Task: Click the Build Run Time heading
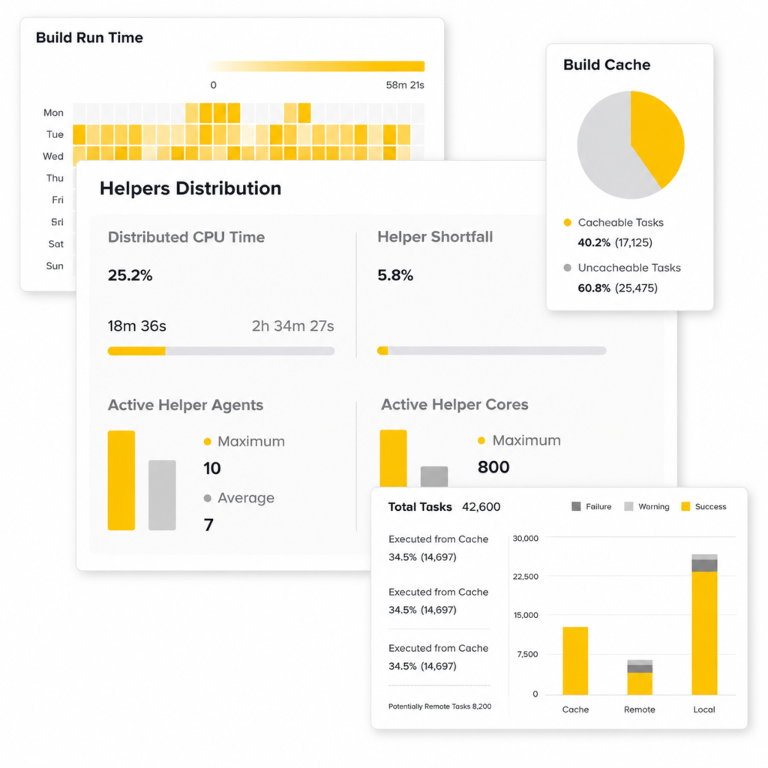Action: tap(89, 37)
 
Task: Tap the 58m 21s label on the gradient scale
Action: tap(404, 85)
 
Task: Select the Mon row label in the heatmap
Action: tap(53, 112)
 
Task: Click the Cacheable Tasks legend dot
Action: tap(567, 222)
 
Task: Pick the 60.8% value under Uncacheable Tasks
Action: tap(594, 288)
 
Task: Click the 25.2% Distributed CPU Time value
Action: tap(130, 275)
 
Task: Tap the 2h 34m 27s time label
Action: tap(292, 325)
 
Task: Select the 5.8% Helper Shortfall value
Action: tap(394, 275)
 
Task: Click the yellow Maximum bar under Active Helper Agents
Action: tap(121, 480)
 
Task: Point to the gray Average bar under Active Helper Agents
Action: tap(162, 495)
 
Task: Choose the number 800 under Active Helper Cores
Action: tap(493, 467)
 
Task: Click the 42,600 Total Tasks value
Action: tap(481, 507)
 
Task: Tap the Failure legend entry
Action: tap(591, 506)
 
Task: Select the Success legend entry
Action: tap(703, 506)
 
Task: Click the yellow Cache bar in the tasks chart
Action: tap(575, 661)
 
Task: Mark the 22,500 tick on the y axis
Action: tap(525, 577)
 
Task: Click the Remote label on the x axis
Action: tap(639, 709)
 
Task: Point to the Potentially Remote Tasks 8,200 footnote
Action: tap(439, 706)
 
